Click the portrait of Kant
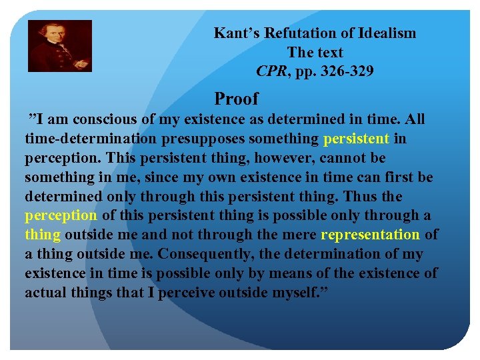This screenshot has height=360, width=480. [59, 46]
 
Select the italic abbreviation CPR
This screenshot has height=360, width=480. [271, 71]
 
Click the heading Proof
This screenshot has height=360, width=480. [236, 99]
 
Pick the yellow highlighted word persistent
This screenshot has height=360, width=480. [356, 139]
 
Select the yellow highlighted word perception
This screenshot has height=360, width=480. [61, 215]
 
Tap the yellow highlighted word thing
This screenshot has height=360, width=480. [43, 235]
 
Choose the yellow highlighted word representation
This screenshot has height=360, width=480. [370, 235]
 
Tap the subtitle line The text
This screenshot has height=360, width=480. [315, 52]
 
